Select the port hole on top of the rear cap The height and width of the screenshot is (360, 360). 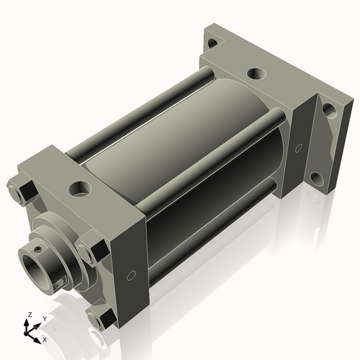(256, 73)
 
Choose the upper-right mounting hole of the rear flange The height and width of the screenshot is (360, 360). (328, 110)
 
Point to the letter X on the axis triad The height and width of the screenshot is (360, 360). (45, 338)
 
